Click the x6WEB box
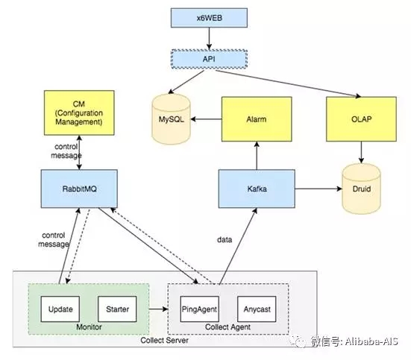209,18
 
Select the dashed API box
209,59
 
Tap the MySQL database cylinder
171,119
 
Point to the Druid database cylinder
361,189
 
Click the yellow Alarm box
257,119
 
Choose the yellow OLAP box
361,119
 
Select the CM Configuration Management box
79,113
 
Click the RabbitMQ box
79,189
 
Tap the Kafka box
257,189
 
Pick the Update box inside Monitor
60,309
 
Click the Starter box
117,309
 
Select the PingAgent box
199,309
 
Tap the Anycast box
257,309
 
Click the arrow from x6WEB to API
209,38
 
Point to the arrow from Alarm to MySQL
206,119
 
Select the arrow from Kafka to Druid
319,189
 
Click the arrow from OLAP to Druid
361,152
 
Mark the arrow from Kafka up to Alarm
257,156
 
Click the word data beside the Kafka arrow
225,240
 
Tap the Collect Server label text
164,341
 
